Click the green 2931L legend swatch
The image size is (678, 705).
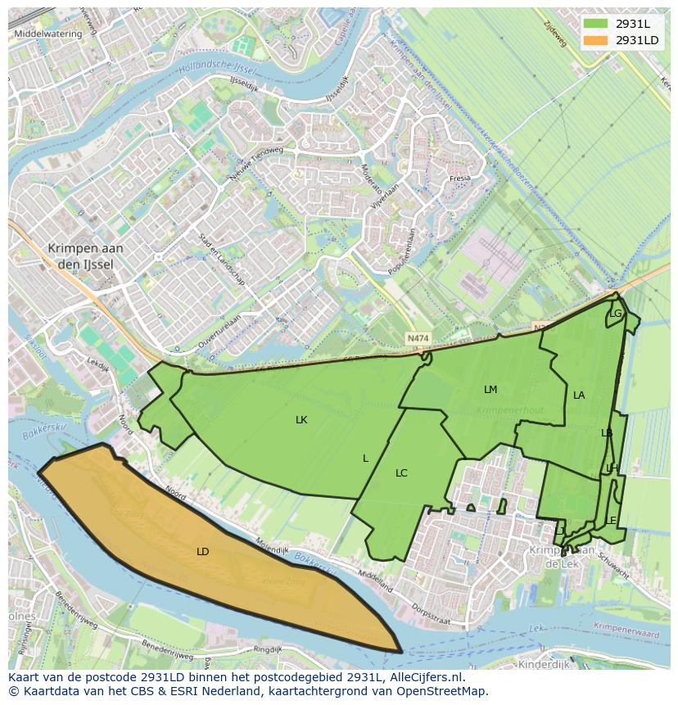coord(596,24)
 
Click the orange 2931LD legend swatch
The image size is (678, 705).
coord(596,40)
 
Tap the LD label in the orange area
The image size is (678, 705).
coord(203,552)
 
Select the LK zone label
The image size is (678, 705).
coord(301,420)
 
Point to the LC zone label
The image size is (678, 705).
coord(401,473)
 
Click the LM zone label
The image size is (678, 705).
coord(490,390)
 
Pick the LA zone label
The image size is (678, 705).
coord(579,395)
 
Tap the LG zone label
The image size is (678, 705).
coord(615,314)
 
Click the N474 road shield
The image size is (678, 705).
coord(418,337)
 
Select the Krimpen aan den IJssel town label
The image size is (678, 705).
coord(85,255)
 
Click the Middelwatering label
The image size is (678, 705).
coord(48,34)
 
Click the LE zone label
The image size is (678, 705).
coord(611,521)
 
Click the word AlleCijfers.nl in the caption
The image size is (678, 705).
coord(425,677)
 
